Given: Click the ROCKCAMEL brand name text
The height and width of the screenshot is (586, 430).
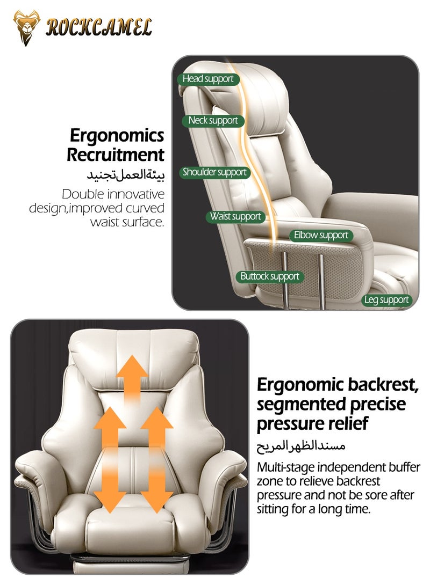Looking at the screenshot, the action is click(x=99, y=27).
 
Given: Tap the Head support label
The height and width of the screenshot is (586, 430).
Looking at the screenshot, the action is click(x=207, y=79).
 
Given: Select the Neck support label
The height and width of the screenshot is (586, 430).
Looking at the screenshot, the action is click(x=213, y=120).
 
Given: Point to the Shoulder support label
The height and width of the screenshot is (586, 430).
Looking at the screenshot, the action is click(x=214, y=172).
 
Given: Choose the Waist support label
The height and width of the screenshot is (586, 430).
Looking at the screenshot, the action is click(x=235, y=216).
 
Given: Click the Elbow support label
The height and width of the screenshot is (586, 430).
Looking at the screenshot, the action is click(x=321, y=235).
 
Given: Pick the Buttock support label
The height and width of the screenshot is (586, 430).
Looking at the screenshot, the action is click(x=269, y=276).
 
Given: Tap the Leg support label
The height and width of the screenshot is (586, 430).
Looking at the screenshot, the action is click(x=386, y=300).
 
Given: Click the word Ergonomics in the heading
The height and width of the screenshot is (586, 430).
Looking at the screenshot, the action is click(x=117, y=135).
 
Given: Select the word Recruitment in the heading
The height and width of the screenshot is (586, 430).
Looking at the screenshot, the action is click(x=116, y=155).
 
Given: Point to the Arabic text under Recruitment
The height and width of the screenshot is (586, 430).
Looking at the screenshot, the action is click(x=126, y=175).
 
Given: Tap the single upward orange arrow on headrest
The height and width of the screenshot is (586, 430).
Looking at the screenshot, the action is click(x=132, y=379).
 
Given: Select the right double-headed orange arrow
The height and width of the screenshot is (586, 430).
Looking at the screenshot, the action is click(x=157, y=460).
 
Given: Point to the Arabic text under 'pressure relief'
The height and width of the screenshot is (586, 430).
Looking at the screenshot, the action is click(x=301, y=445).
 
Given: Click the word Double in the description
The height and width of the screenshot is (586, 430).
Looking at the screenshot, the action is click(x=83, y=194).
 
